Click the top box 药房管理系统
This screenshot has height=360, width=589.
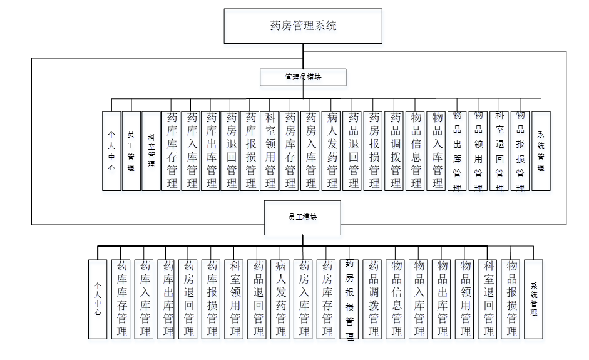[303, 26]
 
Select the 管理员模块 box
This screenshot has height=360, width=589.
[303, 77]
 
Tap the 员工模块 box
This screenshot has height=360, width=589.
[302, 217]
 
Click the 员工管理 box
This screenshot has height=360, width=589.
[130, 151]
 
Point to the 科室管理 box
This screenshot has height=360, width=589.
[151, 151]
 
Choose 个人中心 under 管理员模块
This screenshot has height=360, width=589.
[111, 151]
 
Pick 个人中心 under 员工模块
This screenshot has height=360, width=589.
[98, 299]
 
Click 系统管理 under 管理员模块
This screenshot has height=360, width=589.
[541, 151]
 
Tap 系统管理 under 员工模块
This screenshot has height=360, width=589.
[533, 299]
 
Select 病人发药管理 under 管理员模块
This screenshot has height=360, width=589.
[332, 151]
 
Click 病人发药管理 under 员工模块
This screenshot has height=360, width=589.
[281, 299]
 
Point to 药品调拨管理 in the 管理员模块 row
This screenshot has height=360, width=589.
[396, 151]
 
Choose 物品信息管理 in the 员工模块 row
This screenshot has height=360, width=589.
[396, 299]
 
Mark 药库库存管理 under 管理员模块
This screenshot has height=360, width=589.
[172, 151]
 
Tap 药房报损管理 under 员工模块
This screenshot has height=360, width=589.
[350, 299]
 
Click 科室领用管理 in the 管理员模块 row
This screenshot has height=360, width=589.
[270, 151]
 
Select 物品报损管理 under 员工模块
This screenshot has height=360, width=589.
[511, 299]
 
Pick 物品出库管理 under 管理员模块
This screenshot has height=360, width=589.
[457, 151]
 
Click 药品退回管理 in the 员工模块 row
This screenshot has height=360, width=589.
[258, 299]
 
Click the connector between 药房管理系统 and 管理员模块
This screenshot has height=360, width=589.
[303, 56]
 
